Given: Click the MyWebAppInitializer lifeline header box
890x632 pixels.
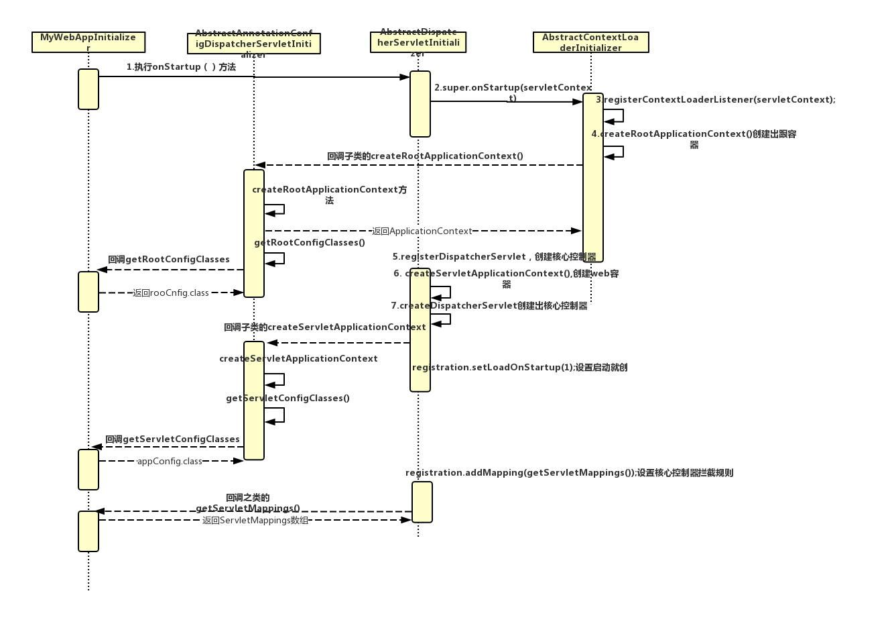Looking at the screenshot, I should coord(88,42).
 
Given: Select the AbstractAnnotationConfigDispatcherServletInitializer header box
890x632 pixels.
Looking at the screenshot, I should coord(253,44).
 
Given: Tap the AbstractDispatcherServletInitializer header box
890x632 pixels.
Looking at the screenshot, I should coord(418,42).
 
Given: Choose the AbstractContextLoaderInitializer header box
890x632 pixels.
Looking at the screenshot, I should coord(590,42).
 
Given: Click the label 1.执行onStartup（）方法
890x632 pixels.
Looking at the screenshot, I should coord(181,67).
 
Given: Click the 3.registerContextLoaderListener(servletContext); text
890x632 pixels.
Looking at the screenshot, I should coord(716,100).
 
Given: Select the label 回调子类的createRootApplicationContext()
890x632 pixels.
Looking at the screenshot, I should coord(425,156).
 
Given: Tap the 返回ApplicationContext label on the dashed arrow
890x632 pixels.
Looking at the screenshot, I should coord(422,231).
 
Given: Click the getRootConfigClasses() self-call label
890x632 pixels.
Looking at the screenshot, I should coord(310,243).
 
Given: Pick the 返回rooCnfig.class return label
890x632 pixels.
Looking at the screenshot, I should coord(171,293).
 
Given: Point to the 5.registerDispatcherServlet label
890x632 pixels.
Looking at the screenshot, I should coord(494,257).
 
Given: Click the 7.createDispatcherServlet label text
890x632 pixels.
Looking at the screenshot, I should coord(489,306).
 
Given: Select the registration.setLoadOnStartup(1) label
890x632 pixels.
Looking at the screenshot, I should coord(519,368).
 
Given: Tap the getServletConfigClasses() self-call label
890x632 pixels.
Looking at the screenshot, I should coord(288,399).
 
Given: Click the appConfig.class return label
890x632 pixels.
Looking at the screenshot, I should coord(170,462).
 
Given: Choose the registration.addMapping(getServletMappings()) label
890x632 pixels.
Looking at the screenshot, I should coord(569,473).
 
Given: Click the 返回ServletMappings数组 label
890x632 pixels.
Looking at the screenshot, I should coord(255,521).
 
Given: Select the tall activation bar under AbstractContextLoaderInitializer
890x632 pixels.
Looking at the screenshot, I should coord(593,178).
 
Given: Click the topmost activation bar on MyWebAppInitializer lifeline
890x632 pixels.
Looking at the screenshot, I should coord(88,89).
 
